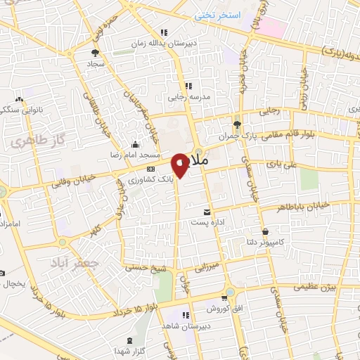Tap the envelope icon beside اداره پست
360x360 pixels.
(207, 212)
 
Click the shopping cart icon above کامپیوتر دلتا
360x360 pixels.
(264, 232)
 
